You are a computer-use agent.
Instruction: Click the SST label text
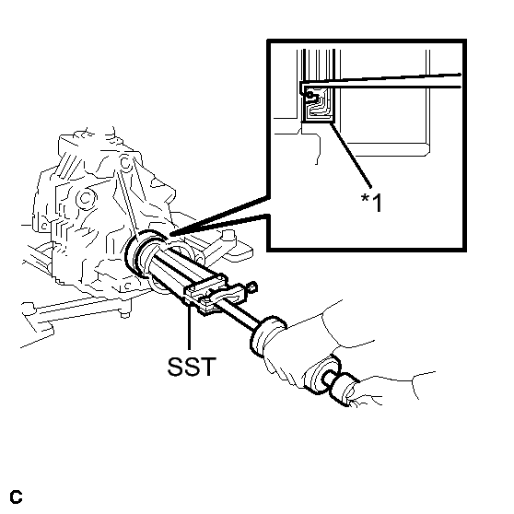pyautogui.click(x=192, y=367)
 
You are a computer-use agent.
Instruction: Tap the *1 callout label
pyautogui.click(x=372, y=203)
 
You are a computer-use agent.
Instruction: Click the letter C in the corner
pyautogui.click(x=16, y=496)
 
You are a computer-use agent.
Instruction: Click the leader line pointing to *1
pyautogui.click(x=351, y=155)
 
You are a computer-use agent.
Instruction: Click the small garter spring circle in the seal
pyautogui.click(x=310, y=96)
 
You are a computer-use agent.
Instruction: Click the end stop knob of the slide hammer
pyautogui.click(x=345, y=389)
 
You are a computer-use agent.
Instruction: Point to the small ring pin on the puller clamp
pyautogui.click(x=252, y=287)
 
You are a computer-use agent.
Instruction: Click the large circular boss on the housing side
pyautogui.click(x=86, y=198)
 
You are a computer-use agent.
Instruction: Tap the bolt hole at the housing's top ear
pyautogui.click(x=125, y=162)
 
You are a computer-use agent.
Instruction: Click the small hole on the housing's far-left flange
pyautogui.click(x=43, y=226)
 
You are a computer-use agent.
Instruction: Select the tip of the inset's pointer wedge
pyautogui.click(x=170, y=234)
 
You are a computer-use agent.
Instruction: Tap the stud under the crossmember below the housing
pyautogui.click(x=124, y=315)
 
